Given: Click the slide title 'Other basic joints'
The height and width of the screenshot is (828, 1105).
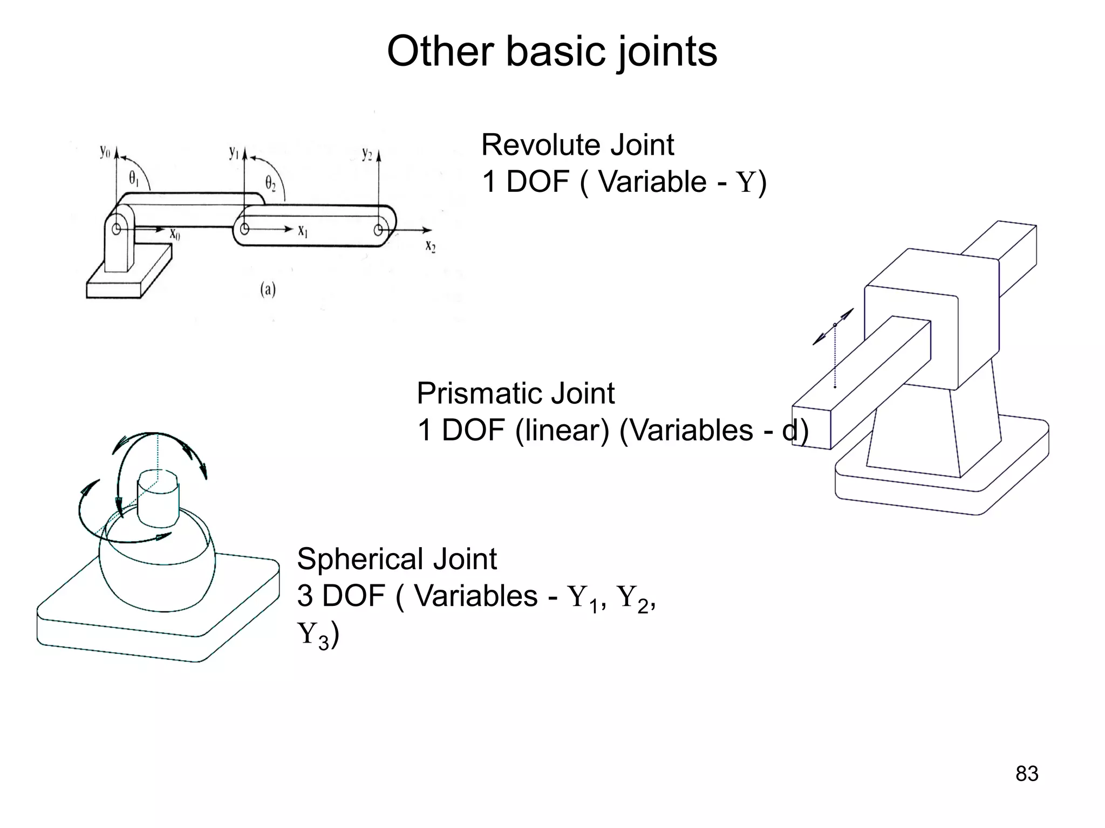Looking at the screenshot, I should click(552, 52).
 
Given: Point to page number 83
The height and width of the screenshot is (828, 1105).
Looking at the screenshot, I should click(1026, 774).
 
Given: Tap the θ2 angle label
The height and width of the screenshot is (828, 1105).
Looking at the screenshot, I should click(270, 183).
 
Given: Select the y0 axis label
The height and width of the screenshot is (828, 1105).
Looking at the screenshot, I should click(104, 153).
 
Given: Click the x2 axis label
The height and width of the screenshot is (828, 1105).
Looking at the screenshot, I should click(430, 246).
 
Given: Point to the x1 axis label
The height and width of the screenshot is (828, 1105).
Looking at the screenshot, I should click(303, 231).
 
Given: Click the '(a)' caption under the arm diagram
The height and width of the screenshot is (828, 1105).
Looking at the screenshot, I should click(268, 290).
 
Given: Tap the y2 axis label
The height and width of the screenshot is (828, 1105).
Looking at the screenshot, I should click(367, 154).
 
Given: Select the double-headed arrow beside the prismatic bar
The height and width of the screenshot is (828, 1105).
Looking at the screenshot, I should click(834, 326).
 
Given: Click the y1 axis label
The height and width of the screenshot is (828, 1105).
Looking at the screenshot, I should click(234, 153).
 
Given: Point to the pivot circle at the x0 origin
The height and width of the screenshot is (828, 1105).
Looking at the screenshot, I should click(116, 229).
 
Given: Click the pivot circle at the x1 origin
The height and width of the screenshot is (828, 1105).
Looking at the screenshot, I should click(244, 229).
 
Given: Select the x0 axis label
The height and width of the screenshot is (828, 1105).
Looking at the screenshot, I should click(175, 234).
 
